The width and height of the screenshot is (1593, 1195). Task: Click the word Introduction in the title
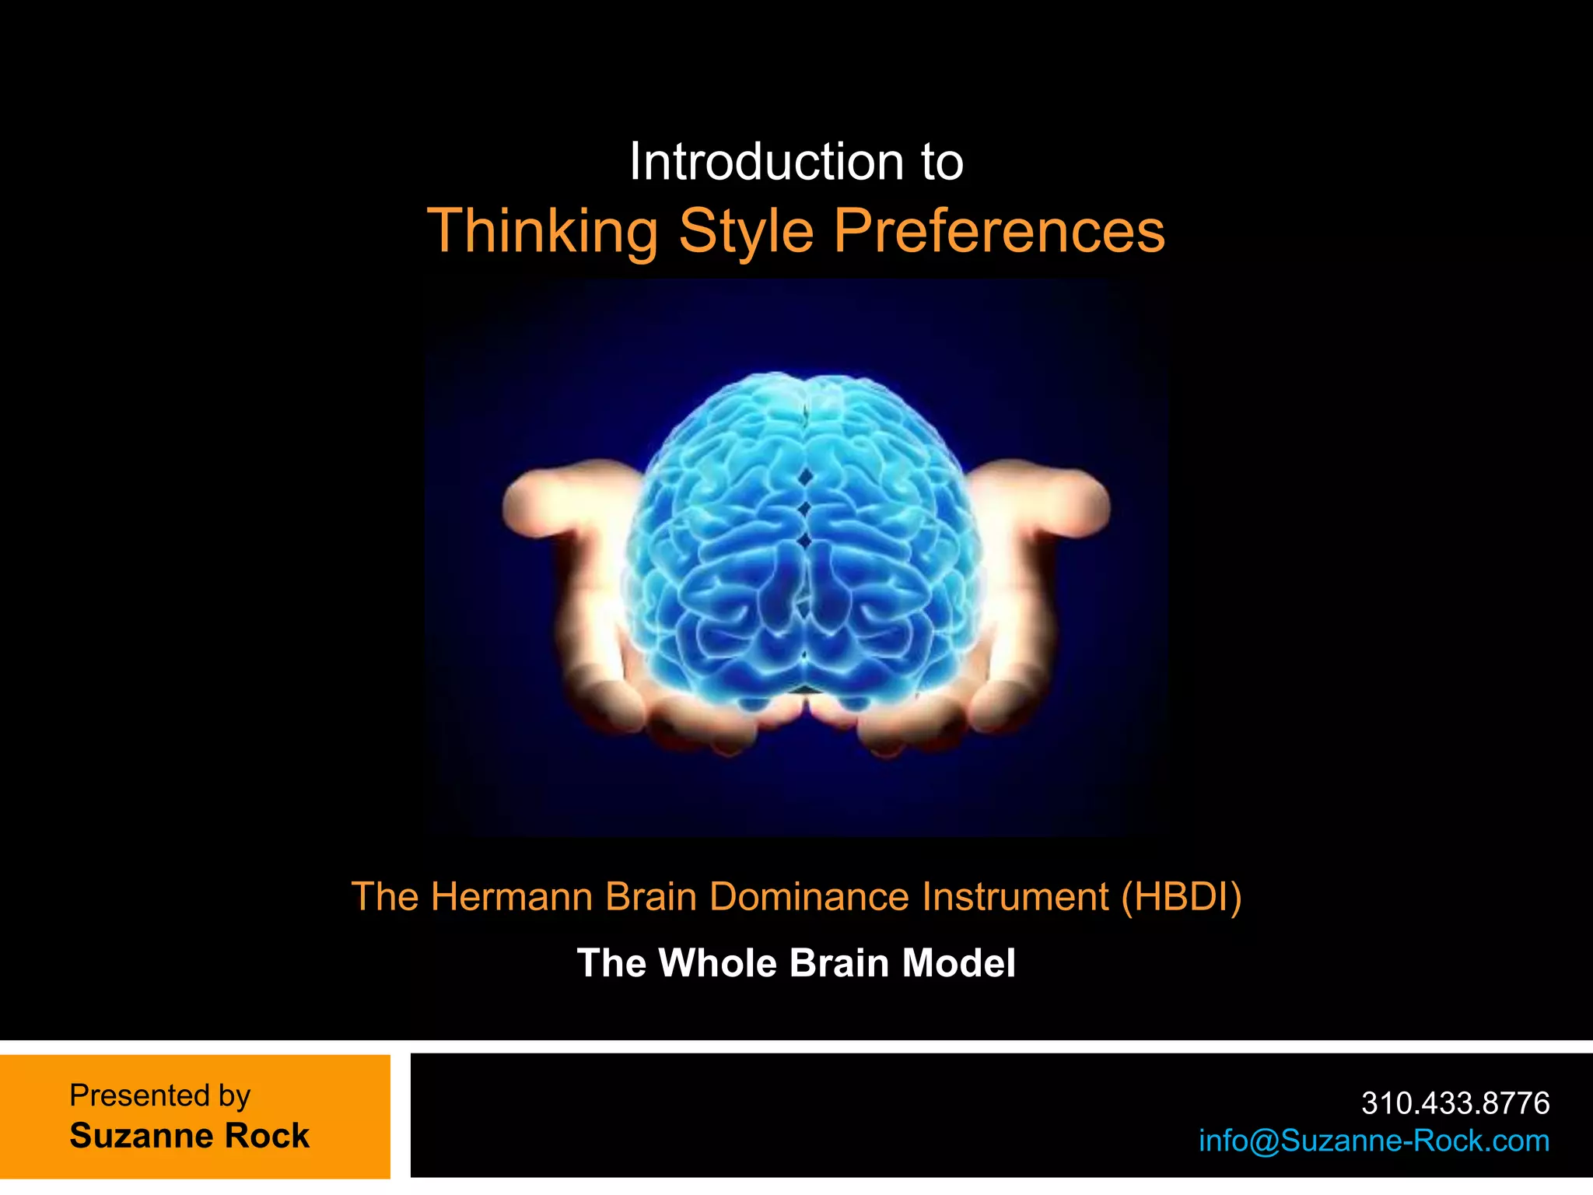(x=766, y=162)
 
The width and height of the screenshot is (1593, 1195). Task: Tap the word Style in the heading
(x=746, y=232)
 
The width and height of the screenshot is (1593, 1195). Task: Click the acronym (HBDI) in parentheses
(x=1181, y=896)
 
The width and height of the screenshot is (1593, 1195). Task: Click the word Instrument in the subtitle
(x=1015, y=896)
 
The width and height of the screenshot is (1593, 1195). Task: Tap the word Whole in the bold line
(x=718, y=963)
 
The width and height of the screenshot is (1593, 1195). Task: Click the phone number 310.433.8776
(x=1455, y=1102)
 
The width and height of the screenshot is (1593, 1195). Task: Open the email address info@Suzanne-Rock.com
(x=1374, y=1141)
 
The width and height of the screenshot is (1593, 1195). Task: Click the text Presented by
(x=159, y=1095)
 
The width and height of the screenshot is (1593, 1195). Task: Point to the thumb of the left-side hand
(x=544, y=498)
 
